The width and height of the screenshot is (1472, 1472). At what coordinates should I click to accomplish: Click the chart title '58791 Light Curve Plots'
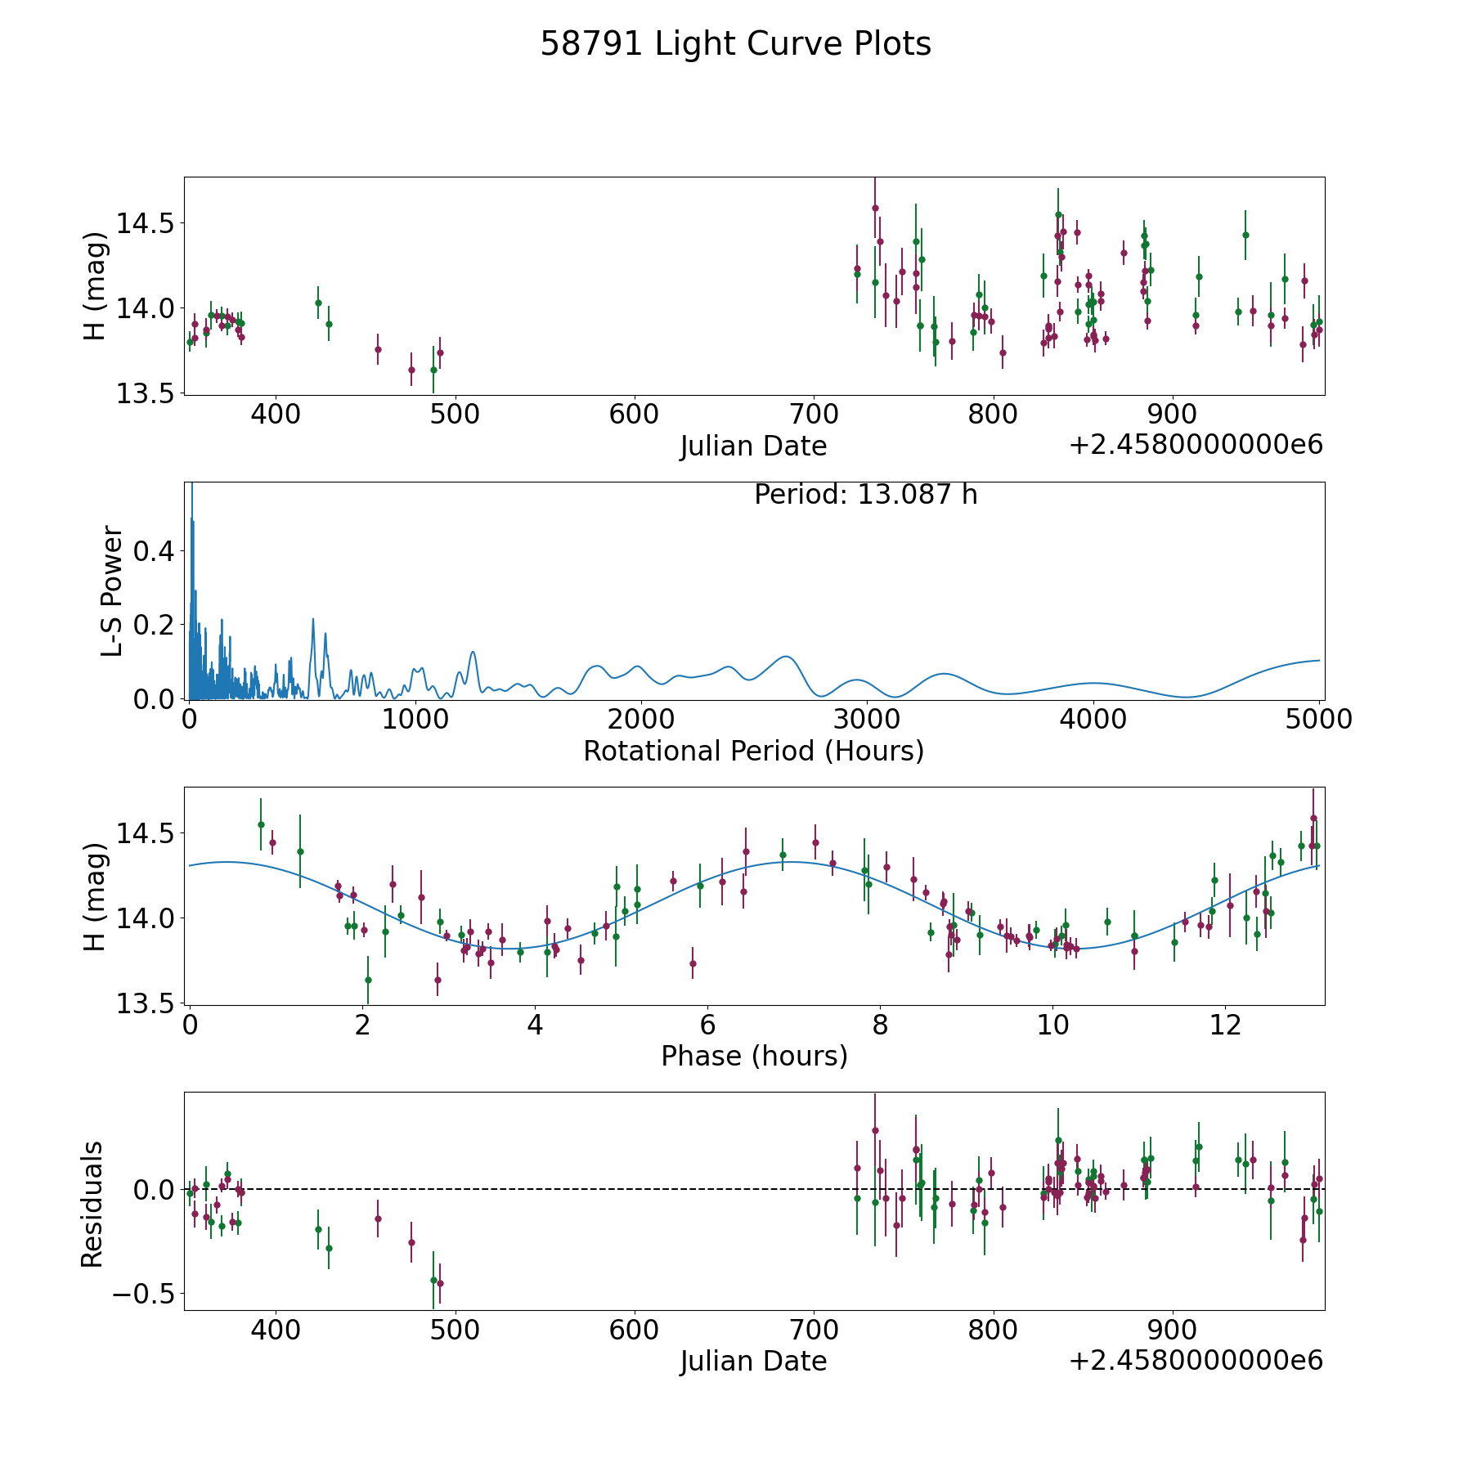pos(735,44)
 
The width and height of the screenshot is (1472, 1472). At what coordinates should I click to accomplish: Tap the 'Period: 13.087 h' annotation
pos(865,495)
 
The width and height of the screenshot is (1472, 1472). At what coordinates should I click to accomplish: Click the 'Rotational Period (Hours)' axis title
pos(753,751)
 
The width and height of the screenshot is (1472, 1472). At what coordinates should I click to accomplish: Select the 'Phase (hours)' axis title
pos(754,1056)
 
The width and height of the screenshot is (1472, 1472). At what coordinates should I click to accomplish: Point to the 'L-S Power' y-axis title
pos(112,590)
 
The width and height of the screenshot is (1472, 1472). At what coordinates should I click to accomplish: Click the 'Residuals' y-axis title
pos(92,1204)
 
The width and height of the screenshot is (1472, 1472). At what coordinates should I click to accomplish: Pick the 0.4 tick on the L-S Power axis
pos(155,551)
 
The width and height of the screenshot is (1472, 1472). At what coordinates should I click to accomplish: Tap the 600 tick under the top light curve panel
pos(634,414)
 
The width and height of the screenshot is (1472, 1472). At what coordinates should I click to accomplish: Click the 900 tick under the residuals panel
pos(1173,1330)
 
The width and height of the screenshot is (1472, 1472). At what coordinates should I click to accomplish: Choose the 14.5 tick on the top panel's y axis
pos(144,222)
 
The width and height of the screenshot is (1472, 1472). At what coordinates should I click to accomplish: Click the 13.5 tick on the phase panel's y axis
pos(144,1003)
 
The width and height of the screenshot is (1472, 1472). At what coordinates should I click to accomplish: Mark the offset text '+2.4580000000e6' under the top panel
pos(1196,444)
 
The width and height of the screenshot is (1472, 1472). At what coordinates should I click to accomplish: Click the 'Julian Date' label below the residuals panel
pos(753,1361)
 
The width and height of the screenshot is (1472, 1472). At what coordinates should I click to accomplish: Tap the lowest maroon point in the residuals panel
pos(440,1283)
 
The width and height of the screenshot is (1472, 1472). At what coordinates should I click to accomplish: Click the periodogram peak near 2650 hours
pos(786,656)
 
